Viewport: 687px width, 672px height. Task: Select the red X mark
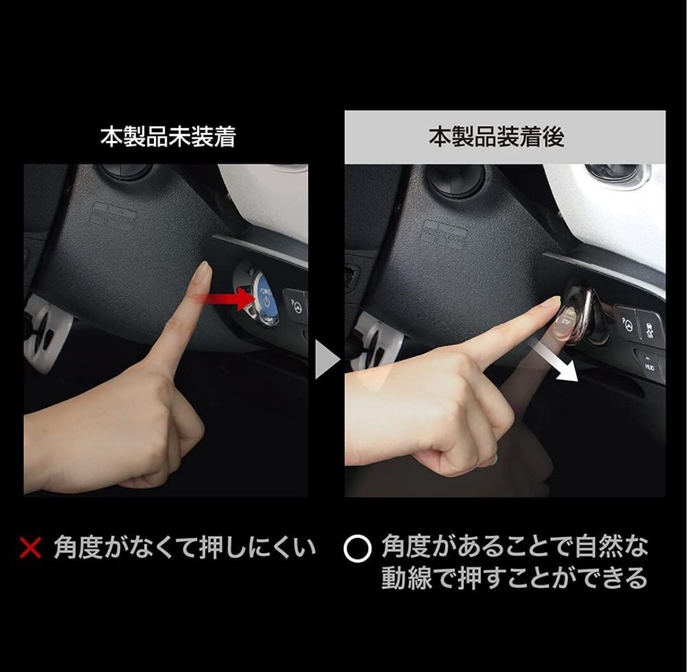click(x=30, y=547)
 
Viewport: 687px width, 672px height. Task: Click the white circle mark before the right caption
click(x=357, y=549)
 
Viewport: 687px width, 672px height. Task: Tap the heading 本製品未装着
click(x=167, y=137)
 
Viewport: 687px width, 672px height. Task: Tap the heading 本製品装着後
click(x=496, y=137)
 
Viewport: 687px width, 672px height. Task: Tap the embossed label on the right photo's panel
click(x=444, y=233)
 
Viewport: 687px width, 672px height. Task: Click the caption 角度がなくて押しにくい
click(x=184, y=547)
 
